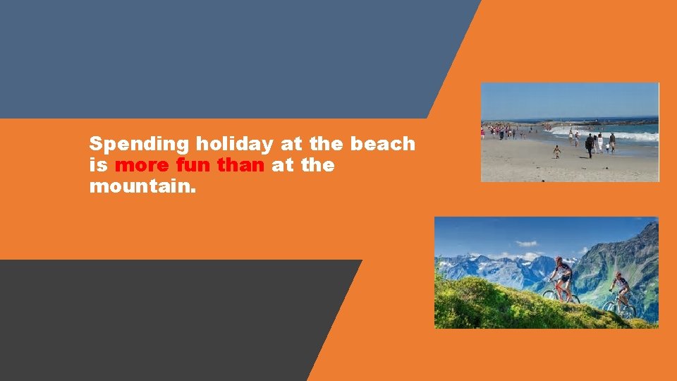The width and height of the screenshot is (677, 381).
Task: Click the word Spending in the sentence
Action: pos(139,144)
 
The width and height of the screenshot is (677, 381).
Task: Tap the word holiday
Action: pos(235,144)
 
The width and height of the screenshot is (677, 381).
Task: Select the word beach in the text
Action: pos(383,144)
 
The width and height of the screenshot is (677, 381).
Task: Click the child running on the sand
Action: pos(557,151)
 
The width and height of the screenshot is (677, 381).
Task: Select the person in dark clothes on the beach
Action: pos(589,145)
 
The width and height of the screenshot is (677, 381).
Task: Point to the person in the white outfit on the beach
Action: pos(600,143)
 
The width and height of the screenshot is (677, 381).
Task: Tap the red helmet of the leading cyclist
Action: pos(559,260)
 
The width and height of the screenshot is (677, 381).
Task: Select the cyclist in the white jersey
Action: pos(621,285)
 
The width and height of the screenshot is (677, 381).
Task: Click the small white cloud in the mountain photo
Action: pos(526,244)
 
